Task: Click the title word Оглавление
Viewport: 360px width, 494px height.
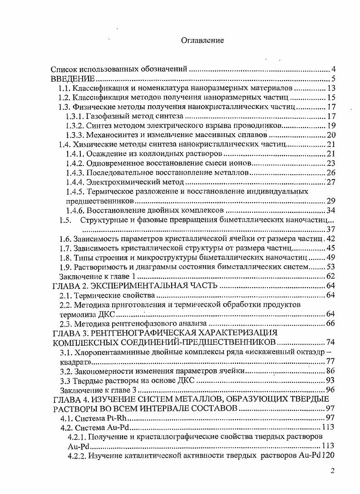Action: (x=202, y=40)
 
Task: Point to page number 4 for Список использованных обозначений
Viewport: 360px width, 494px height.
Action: (x=333, y=69)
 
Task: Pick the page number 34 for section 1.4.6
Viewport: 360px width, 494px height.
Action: (x=330, y=210)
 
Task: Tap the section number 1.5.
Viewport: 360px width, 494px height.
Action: (x=66, y=220)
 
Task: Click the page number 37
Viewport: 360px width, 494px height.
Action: (x=330, y=229)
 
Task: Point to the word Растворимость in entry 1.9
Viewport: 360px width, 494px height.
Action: (x=99, y=267)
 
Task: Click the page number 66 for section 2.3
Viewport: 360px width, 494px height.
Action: (x=330, y=323)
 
